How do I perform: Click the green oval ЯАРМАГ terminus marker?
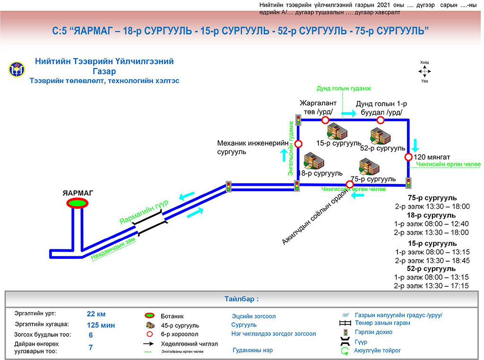click(x=77, y=203)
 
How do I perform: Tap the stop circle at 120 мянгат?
click(x=408, y=157)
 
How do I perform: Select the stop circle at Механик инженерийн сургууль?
click(x=298, y=144)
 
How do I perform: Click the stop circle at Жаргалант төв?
click(x=325, y=120)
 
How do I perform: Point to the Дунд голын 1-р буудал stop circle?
click(x=380, y=120)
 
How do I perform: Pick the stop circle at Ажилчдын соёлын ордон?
click(x=350, y=184)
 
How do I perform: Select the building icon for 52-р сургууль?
click(x=380, y=136)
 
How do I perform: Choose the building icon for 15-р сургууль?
click(x=337, y=132)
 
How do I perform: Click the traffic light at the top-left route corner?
click(x=299, y=119)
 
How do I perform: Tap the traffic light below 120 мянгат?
click(x=408, y=183)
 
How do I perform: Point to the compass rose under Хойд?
click(x=424, y=71)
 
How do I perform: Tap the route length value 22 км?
click(x=96, y=314)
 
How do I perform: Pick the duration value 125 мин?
click(x=101, y=325)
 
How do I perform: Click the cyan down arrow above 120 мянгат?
click(x=415, y=144)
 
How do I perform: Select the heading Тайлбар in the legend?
click(x=242, y=299)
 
